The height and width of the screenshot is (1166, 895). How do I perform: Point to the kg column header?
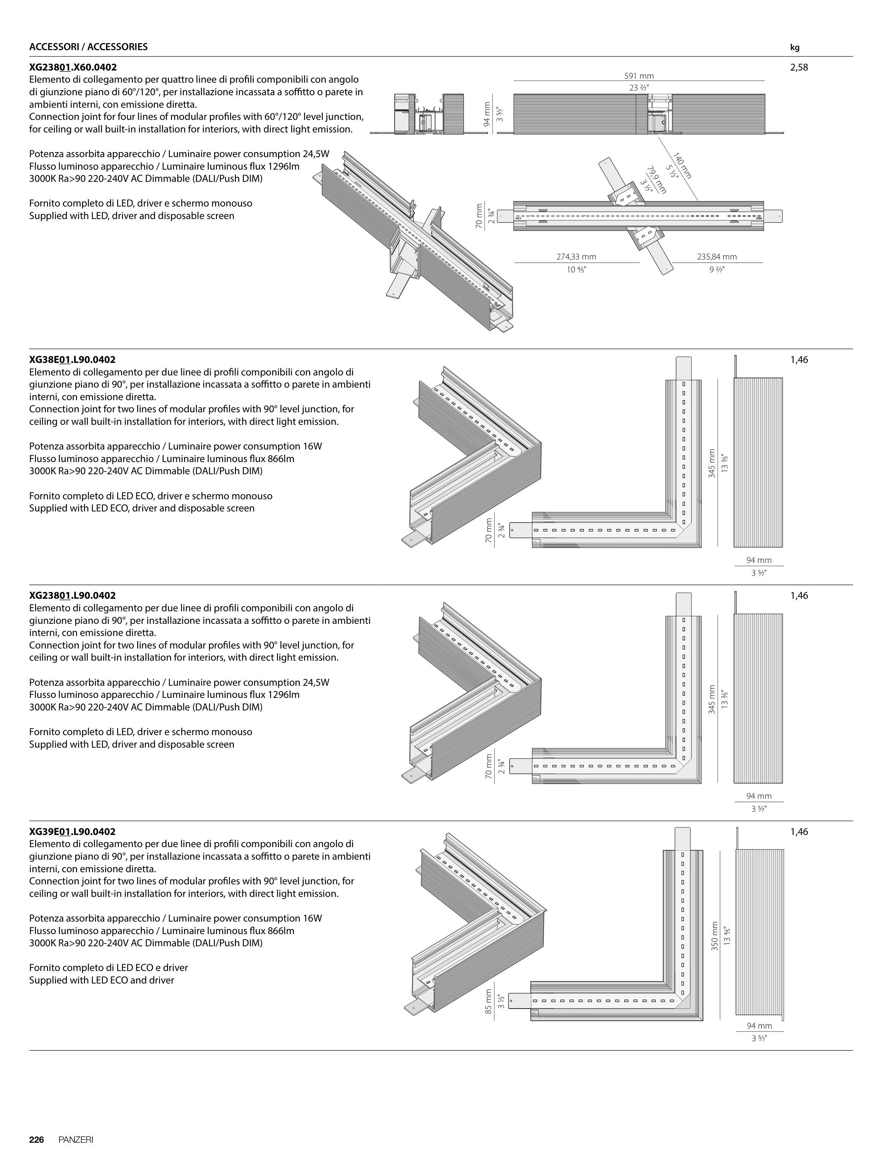tap(794, 47)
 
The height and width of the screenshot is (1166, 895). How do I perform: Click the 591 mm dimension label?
tap(639, 76)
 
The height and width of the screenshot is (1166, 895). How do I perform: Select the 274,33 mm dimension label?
tap(576, 257)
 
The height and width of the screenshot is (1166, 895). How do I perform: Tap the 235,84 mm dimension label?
tap(717, 257)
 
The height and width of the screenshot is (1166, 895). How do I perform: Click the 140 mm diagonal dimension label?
tap(682, 166)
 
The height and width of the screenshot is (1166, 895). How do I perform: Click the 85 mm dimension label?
tap(489, 1001)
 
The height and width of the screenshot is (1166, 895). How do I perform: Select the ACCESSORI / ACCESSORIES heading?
tap(88, 47)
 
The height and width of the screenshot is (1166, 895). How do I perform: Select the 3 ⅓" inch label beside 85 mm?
tap(500, 1001)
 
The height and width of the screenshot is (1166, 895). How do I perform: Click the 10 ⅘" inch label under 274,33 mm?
tap(576, 269)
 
